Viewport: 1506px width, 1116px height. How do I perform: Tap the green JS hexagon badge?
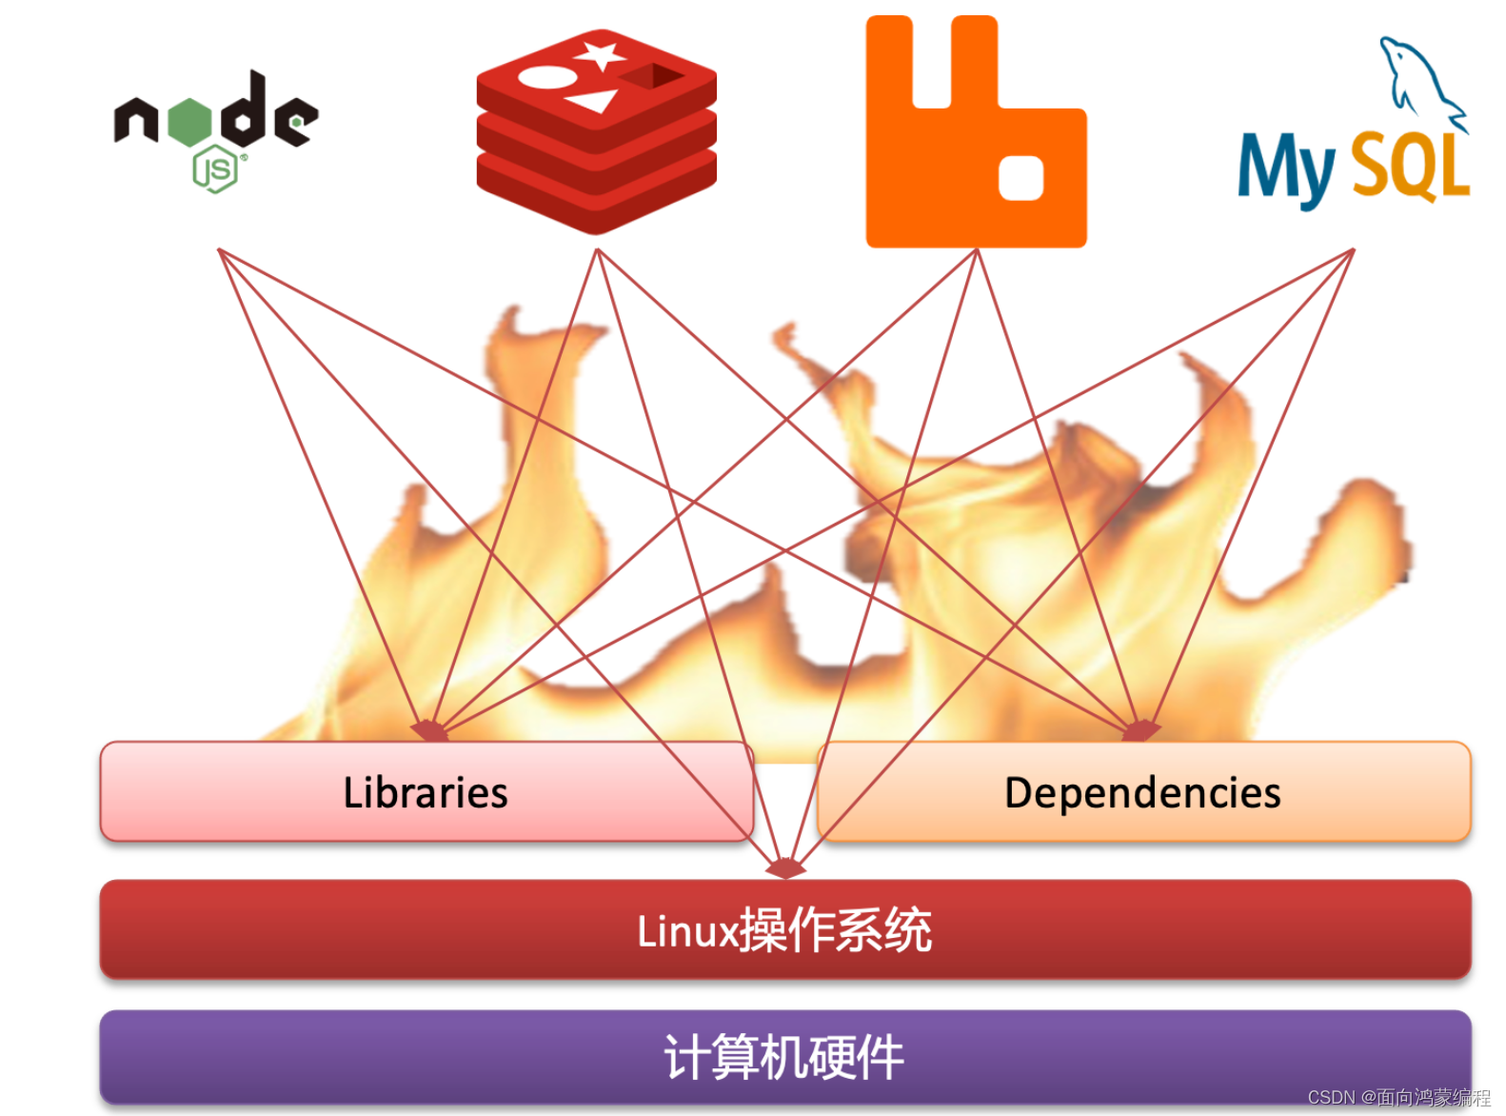215,170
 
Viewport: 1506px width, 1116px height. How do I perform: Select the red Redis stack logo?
596,133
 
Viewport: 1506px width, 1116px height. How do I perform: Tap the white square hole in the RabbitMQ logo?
1021,178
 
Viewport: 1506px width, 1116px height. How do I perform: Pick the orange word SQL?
1410,168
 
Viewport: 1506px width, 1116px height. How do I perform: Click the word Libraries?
426,792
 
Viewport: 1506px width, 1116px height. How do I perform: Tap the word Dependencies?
1142,792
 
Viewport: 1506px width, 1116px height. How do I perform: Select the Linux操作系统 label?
784,930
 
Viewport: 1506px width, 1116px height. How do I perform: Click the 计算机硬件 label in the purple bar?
784,1057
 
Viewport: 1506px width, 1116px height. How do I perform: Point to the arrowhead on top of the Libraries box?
430,731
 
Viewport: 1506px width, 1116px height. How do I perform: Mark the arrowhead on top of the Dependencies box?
1139,731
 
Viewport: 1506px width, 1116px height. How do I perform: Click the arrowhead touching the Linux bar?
785,868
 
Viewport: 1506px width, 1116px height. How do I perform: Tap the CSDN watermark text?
1398,1097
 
